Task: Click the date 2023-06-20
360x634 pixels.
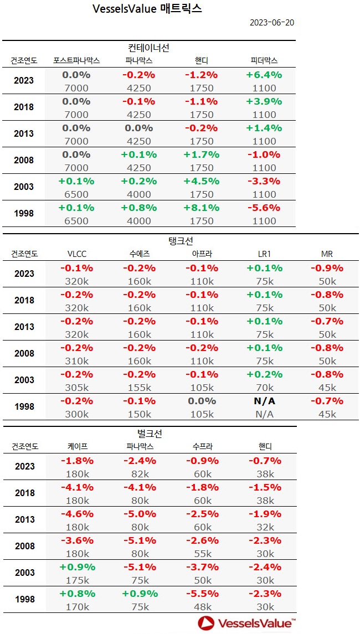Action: click(x=271, y=23)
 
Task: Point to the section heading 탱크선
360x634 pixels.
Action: click(x=179, y=241)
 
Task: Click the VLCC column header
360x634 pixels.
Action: click(x=76, y=254)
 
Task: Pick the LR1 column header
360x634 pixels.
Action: click(x=265, y=254)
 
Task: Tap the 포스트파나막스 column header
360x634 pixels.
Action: click(x=76, y=60)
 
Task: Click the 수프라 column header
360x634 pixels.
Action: click(x=202, y=446)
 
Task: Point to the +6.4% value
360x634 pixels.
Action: click(x=264, y=75)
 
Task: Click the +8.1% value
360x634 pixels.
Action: click(x=202, y=208)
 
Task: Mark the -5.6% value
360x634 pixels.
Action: click(x=264, y=208)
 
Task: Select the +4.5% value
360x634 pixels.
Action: click(x=202, y=181)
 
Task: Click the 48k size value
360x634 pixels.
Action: click(x=202, y=607)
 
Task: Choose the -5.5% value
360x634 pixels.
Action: click(x=202, y=594)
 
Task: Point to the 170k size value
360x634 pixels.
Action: click(x=76, y=607)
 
